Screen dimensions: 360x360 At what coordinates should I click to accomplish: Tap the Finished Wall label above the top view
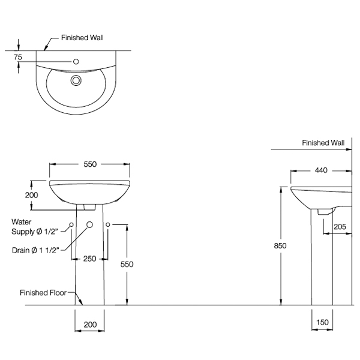(x=82, y=37)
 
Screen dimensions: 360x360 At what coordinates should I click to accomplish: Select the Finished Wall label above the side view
(x=323, y=143)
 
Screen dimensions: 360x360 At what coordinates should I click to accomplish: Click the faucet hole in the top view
(x=77, y=61)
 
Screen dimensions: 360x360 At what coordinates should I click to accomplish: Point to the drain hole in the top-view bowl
(x=76, y=80)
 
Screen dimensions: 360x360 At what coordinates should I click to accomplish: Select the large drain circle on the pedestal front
(x=89, y=224)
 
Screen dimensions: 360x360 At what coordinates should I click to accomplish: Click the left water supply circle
(x=71, y=224)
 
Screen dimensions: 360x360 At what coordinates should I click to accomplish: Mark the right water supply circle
(x=108, y=224)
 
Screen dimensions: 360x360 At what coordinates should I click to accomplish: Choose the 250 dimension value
(x=89, y=259)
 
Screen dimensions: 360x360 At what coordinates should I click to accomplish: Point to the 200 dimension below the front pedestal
(x=89, y=325)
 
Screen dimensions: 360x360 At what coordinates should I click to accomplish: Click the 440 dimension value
(x=320, y=170)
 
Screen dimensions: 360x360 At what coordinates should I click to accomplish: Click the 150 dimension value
(x=322, y=323)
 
